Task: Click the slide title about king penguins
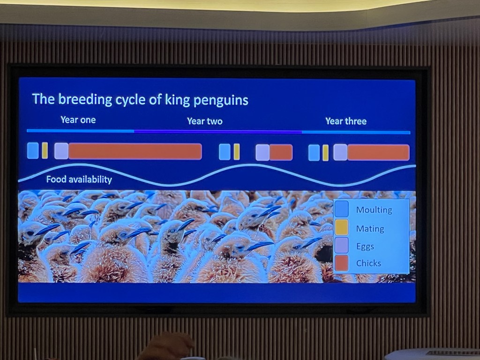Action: tap(140, 99)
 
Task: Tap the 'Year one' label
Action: tap(78, 120)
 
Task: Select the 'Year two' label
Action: tap(205, 121)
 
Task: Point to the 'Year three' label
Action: tap(346, 121)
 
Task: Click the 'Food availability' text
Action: tap(79, 179)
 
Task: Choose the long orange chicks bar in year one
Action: tap(135, 151)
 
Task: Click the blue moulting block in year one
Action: tap(33, 150)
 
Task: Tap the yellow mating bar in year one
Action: tap(45, 150)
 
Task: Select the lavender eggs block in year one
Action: tap(61, 151)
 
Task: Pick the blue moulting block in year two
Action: tap(225, 152)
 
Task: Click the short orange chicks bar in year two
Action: tap(281, 152)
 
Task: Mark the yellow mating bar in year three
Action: tap(325, 153)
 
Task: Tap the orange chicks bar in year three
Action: tap(378, 153)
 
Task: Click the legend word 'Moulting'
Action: tap(374, 210)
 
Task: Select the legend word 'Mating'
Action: tap(370, 229)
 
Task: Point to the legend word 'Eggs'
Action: tap(365, 247)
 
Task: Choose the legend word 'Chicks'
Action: tap(368, 263)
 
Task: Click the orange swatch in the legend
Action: tap(341, 263)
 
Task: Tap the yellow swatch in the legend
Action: tap(341, 227)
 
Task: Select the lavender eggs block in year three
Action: tap(340, 152)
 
